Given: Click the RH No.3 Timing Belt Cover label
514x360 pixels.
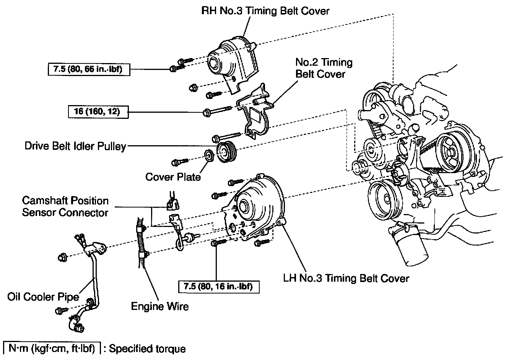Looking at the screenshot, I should [x=265, y=11].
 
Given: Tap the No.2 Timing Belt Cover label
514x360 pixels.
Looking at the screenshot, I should [x=324, y=68].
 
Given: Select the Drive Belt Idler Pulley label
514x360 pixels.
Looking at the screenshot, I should [x=75, y=146].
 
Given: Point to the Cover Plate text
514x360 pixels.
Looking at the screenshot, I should [x=173, y=177].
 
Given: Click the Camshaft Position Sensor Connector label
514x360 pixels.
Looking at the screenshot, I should [x=65, y=206].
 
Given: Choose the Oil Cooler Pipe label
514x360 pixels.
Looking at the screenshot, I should [x=43, y=297].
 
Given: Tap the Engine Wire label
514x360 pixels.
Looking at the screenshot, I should [x=160, y=306].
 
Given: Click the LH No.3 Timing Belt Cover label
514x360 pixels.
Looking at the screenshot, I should [x=346, y=278].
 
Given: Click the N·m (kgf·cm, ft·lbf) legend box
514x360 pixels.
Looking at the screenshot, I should [x=52, y=349].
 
